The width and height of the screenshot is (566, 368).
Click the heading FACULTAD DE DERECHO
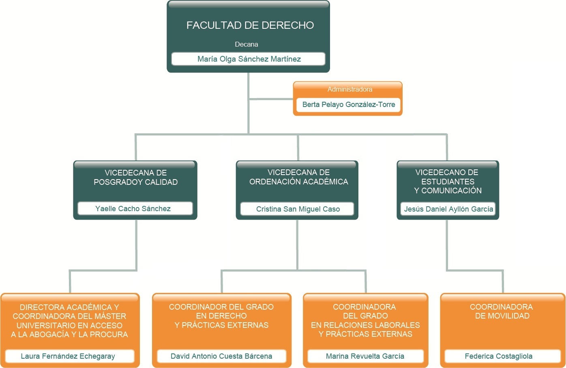point(250,25)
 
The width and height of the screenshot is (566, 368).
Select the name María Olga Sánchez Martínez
point(249,59)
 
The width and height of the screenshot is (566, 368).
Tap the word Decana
point(247,44)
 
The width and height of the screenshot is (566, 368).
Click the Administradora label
point(349,89)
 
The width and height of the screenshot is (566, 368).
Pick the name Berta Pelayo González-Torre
point(348,105)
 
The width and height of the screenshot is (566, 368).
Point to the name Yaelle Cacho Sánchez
point(133,209)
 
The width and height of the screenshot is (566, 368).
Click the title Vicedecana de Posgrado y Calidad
point(135,178)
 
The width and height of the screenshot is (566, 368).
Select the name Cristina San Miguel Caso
point(298,209)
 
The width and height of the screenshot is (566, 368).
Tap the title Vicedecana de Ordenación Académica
point(298,177)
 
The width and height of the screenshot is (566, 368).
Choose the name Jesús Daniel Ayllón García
point(448,209)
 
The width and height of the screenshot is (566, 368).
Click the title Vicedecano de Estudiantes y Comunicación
point(448,182)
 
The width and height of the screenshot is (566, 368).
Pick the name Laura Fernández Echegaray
point(68,356)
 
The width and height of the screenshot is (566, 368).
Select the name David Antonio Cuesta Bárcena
point(221,356)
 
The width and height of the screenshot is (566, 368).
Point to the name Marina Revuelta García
point(365,356)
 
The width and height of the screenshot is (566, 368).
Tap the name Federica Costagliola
point(498,356)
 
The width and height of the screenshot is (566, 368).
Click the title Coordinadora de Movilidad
point(502,311)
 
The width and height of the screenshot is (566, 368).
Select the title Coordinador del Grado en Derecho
point(221,316)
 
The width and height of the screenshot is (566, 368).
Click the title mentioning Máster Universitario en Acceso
point(69,321)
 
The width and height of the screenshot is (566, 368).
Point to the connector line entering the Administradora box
point(271,99)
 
